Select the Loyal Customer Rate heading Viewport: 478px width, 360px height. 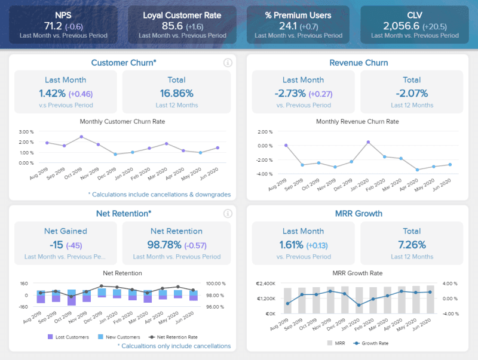tap(182, 15)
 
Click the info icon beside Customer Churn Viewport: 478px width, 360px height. tap(227, 63)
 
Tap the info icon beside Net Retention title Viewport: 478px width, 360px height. tap(227, 213)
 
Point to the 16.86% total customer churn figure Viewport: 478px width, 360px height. tap(176, 93)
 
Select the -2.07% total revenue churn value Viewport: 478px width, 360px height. tap(412, 93)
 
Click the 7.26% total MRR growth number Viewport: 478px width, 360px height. tap(412, 244)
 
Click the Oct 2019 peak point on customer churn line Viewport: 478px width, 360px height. tap(81, 137)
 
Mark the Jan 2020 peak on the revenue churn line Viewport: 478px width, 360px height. tap(368, 142)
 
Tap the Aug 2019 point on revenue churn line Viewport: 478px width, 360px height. tap(286, 145)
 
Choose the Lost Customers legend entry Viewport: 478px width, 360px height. tap(68, 337)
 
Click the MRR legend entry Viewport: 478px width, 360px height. tap(336, 343)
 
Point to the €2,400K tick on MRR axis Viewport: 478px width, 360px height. tap(265, 284)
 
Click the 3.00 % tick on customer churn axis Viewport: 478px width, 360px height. tap(26, 132)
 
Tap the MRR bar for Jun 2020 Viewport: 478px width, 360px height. tap(431, 299)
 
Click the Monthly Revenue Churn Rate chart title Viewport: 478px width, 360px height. tap(357, 121)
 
